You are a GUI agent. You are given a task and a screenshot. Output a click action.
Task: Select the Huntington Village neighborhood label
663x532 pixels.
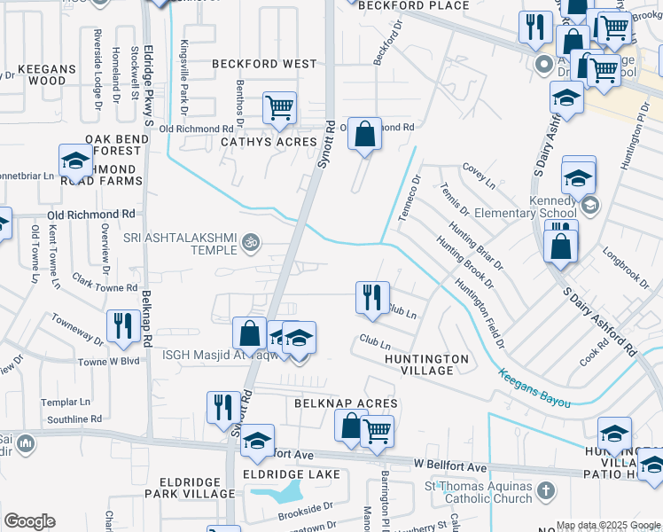coord(426,364)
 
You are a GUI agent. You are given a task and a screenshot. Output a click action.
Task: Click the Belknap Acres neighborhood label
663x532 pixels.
coord(346,403)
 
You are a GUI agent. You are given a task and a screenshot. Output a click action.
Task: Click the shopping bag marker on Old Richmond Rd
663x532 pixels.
coord(363,134)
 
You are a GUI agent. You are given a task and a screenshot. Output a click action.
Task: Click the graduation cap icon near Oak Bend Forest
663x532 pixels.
coord(76,160)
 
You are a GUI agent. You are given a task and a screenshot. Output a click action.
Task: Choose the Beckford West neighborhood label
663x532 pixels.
coord(264,65)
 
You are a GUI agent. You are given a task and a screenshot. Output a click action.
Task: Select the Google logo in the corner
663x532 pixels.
coord(29,522)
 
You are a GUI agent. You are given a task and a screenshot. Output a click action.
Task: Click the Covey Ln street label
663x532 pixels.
coord(479,175)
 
